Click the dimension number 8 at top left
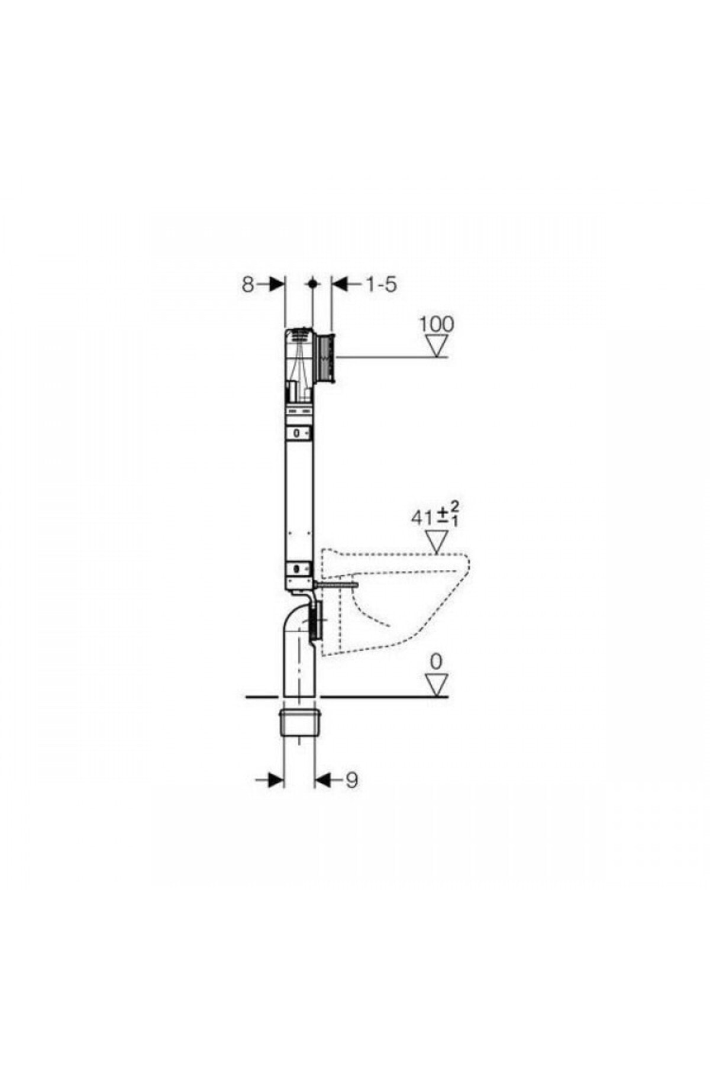247,285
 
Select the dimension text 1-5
380,285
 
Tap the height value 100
437,324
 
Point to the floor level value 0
437,661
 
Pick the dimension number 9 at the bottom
351,780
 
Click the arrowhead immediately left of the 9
322,780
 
